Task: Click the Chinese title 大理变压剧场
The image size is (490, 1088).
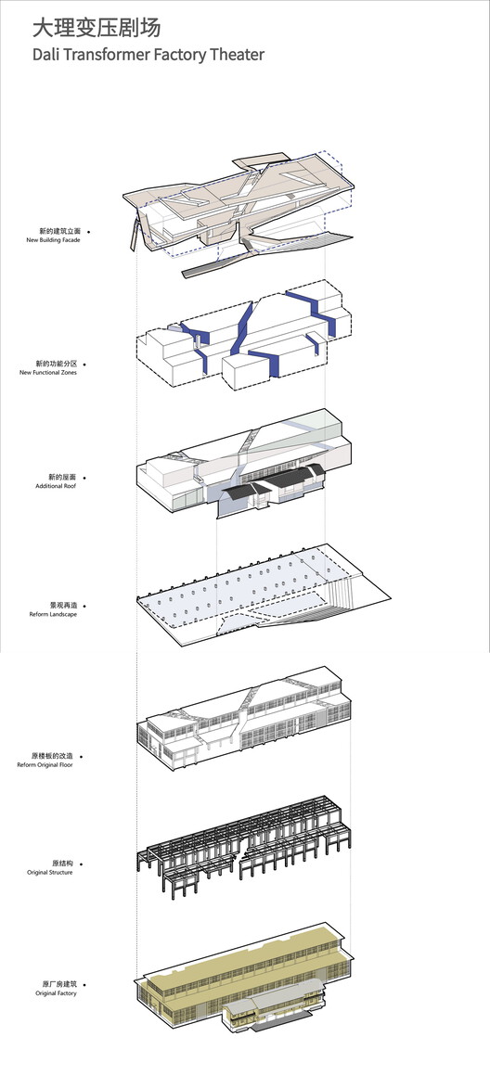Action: pos(97,28)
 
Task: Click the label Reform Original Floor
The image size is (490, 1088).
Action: pos(45,764)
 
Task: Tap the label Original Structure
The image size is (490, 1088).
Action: pos(49,872)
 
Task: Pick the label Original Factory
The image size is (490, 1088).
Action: pos(57,993)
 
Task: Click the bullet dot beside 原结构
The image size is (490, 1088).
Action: pos(82,864)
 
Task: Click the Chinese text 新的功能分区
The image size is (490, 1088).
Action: pos(57,364)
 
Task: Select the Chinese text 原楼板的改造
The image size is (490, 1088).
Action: pos(52,756)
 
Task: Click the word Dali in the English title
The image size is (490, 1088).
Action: pos(45,54)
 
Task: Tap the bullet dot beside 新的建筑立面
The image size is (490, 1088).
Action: pos(88,231)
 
